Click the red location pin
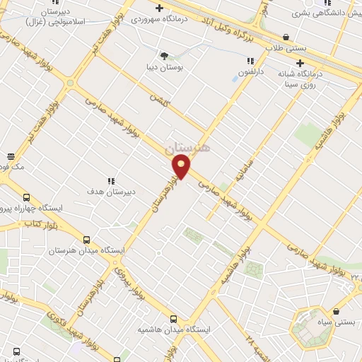coord(182,168)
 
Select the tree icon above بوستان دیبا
coord(165,55)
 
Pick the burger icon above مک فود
coord(10,156)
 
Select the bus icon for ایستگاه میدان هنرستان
coord(86,240)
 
